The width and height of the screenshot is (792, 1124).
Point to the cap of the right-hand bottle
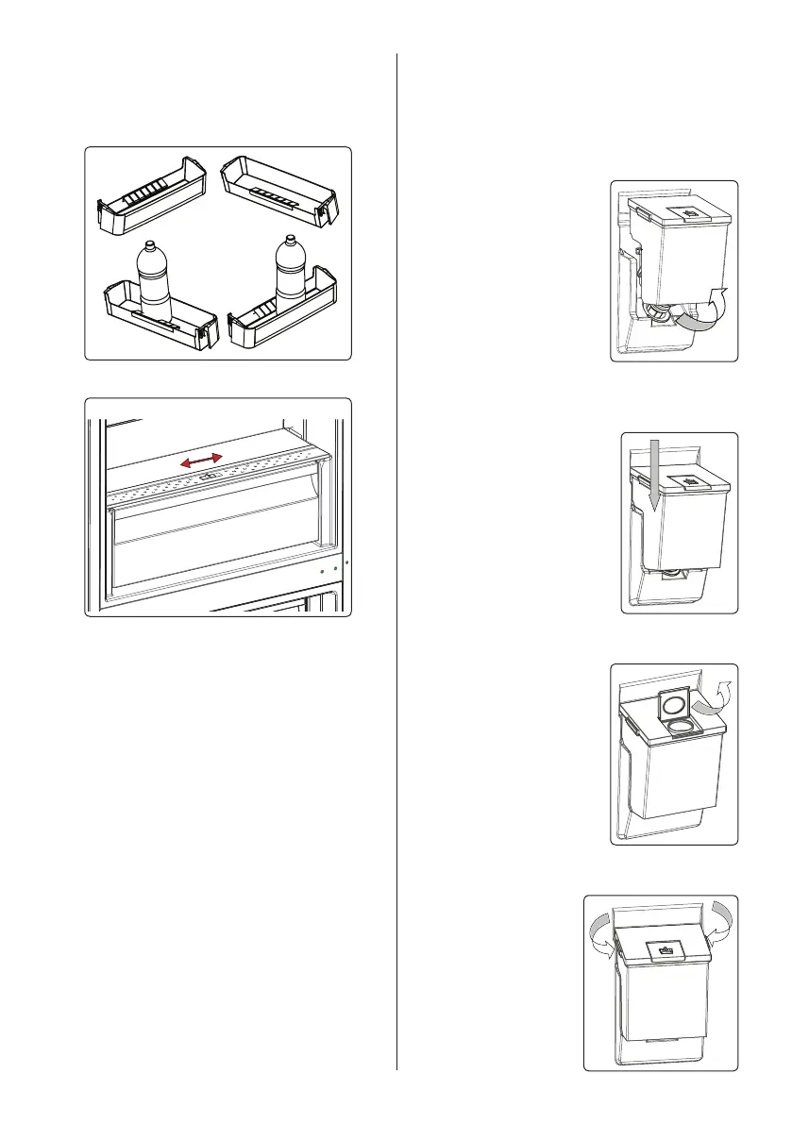290,241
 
